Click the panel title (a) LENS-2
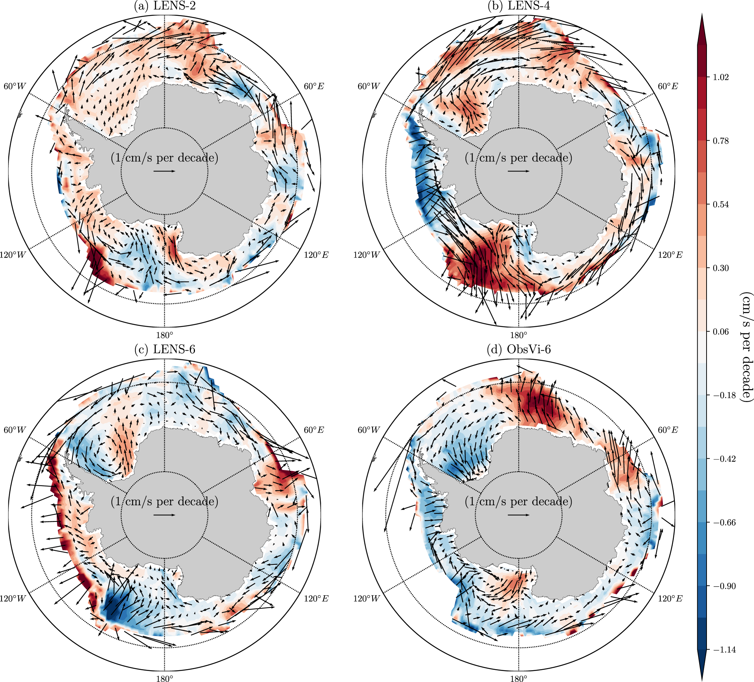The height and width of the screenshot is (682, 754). pyautogui.click(x=164, y=6)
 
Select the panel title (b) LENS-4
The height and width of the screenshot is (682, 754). pyautogui.click(x=518, y=6)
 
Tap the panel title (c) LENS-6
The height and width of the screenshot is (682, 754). pyautogui.click(x=164, y=349)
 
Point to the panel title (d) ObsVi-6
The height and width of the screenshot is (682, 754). pyautogui.click(x=518, y=349)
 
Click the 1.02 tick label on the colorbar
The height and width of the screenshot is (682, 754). pyautogui.click(x=720, y=78)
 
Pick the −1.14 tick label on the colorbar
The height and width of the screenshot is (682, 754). pyautogui.click(x=724, y=650)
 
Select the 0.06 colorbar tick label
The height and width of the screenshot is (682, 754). pyautogui.click(x=720, y=332)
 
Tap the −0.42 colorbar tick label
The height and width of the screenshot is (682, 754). pyautogui.click(x=724, y=459)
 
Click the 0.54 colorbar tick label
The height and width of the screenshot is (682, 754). pyautogui.click(x=720, y=204)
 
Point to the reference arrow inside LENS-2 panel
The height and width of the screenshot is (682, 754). pyautogui.click(x=164, y=171)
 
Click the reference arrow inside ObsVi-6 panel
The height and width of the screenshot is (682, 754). pyautogui.click(x=518, y=515)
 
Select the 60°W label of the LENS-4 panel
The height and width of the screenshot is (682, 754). pyautogui.click(x=369, y=86)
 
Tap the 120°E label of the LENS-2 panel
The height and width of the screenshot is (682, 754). pyautogui.click(x=316, y=255)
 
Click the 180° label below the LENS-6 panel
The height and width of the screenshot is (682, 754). pyautogui.click(x=164, y=678)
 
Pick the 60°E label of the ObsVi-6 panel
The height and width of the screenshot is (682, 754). pyautogui.click(x=668, y=430)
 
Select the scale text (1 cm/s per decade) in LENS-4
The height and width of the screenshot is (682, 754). pyautogui.click(x=518, y=158)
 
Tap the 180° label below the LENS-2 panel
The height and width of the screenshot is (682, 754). pyautogui.click(x=164, y=334)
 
